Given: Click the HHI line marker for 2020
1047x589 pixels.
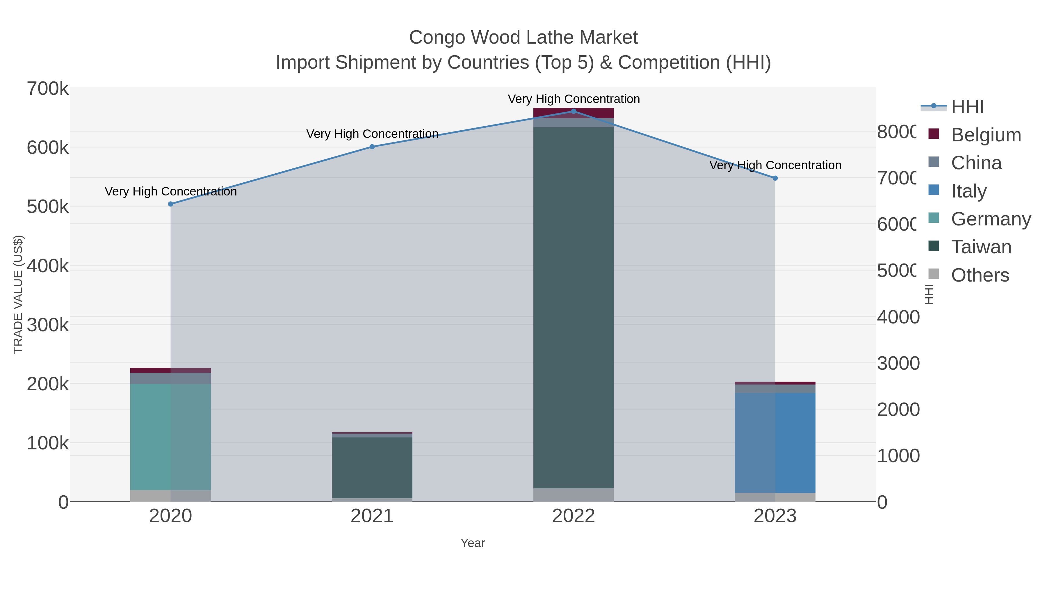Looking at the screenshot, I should tap(171, 204).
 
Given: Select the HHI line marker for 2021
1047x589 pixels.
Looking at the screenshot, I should tap(372, 147).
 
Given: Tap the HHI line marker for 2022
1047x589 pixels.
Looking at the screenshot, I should tap(574, 111).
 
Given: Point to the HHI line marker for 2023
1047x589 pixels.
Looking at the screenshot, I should tap(775, 178).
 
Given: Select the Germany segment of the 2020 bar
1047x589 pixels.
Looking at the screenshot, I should tap(170, 437).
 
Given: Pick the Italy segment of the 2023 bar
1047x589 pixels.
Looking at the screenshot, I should tap(775, 443).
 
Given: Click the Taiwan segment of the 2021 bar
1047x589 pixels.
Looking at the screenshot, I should tap(372, 467).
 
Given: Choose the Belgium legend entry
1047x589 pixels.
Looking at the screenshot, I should tap(986, 135).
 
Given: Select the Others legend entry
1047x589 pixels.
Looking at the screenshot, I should tap(980, 275).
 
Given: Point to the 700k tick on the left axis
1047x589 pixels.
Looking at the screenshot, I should tap(48, 89).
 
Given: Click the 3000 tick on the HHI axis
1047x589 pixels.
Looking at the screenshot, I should tap(898, 363).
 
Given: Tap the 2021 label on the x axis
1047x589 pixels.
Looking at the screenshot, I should tap(372, 516).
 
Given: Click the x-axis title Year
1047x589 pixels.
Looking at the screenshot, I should tap(473, 543).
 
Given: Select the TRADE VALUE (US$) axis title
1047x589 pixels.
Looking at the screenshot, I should tap(18, 294).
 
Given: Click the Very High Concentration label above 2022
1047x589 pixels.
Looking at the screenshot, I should tap(574, 99).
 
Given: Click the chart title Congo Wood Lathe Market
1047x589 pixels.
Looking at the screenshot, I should tap(523, 38).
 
